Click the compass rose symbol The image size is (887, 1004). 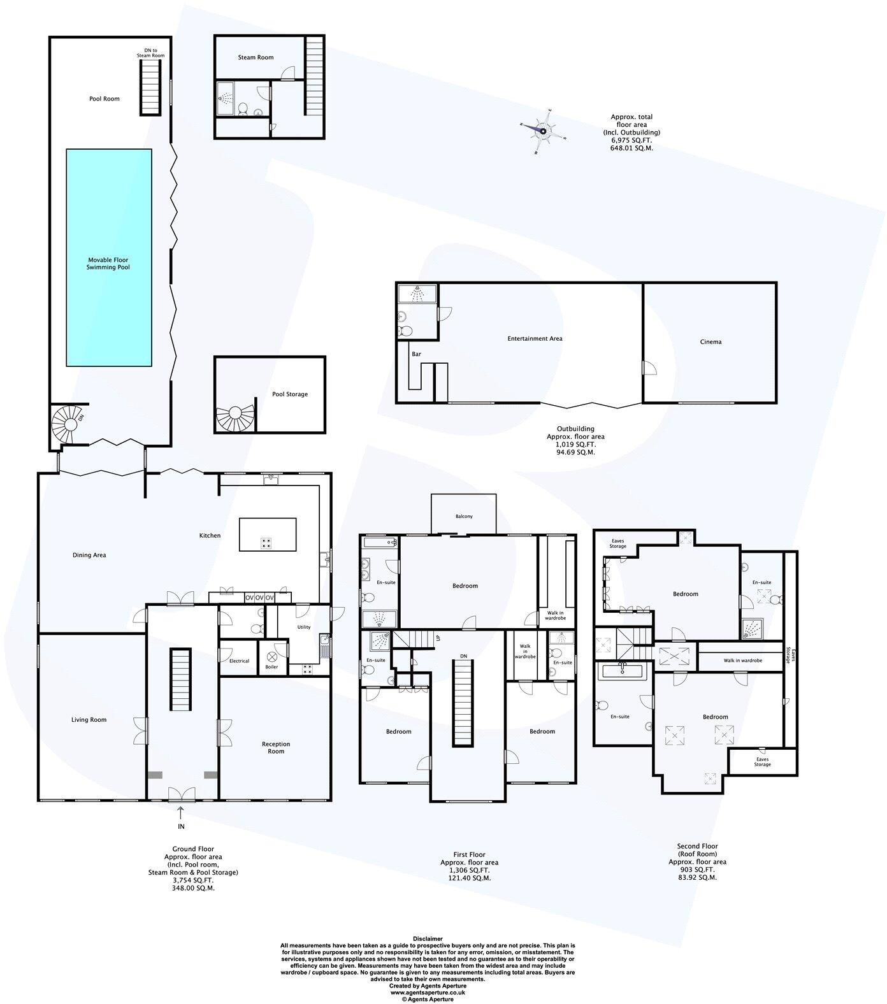pos(543,132)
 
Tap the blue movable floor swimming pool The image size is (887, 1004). pos(109,257)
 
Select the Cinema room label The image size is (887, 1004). pos(710,342)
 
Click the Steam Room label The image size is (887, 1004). pos(256,57)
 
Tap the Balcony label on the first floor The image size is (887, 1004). pos(464,517)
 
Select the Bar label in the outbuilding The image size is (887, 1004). pos(417,354)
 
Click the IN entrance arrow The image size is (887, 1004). pos(180,813)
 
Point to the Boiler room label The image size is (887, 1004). pos(271,667)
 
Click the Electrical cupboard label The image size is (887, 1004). pos(239,661)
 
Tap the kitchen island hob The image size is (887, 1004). pos(266,543)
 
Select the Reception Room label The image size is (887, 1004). pos(276,747)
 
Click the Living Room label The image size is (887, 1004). pos(89,720)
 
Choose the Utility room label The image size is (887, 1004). pos(304,627)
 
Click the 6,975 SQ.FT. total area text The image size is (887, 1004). pos(631,140)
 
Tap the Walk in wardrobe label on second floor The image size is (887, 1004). pos(742,661)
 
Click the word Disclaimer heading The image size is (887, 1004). pos(428,938)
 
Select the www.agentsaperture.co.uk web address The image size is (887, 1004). pos(428,993)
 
